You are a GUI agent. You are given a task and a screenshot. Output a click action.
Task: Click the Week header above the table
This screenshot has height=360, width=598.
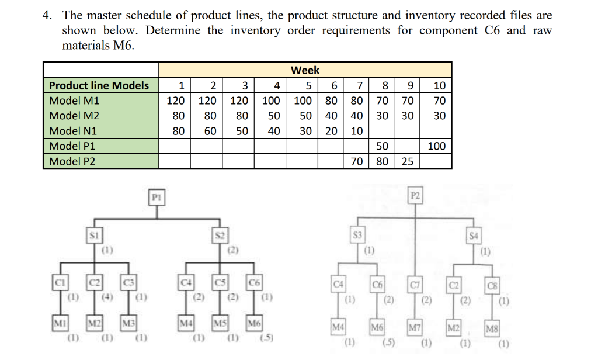coord(305,70)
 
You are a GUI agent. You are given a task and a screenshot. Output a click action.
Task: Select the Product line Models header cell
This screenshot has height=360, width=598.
coord(99,85)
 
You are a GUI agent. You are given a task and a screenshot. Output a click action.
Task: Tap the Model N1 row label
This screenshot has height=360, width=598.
coord(73,131)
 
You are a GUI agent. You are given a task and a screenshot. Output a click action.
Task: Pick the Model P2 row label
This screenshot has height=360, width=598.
coord(72,161)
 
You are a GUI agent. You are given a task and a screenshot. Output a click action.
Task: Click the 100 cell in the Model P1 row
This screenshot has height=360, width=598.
coord(436,146)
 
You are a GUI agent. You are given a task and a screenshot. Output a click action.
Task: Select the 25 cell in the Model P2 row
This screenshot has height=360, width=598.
coord(408,161)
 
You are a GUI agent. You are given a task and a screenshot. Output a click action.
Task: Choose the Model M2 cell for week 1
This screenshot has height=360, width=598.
coord(176,116)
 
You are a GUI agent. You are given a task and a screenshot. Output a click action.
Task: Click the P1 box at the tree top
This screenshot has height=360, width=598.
coord(157,197)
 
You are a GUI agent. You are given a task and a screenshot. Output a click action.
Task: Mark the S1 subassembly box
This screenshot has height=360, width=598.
coord(94,236)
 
